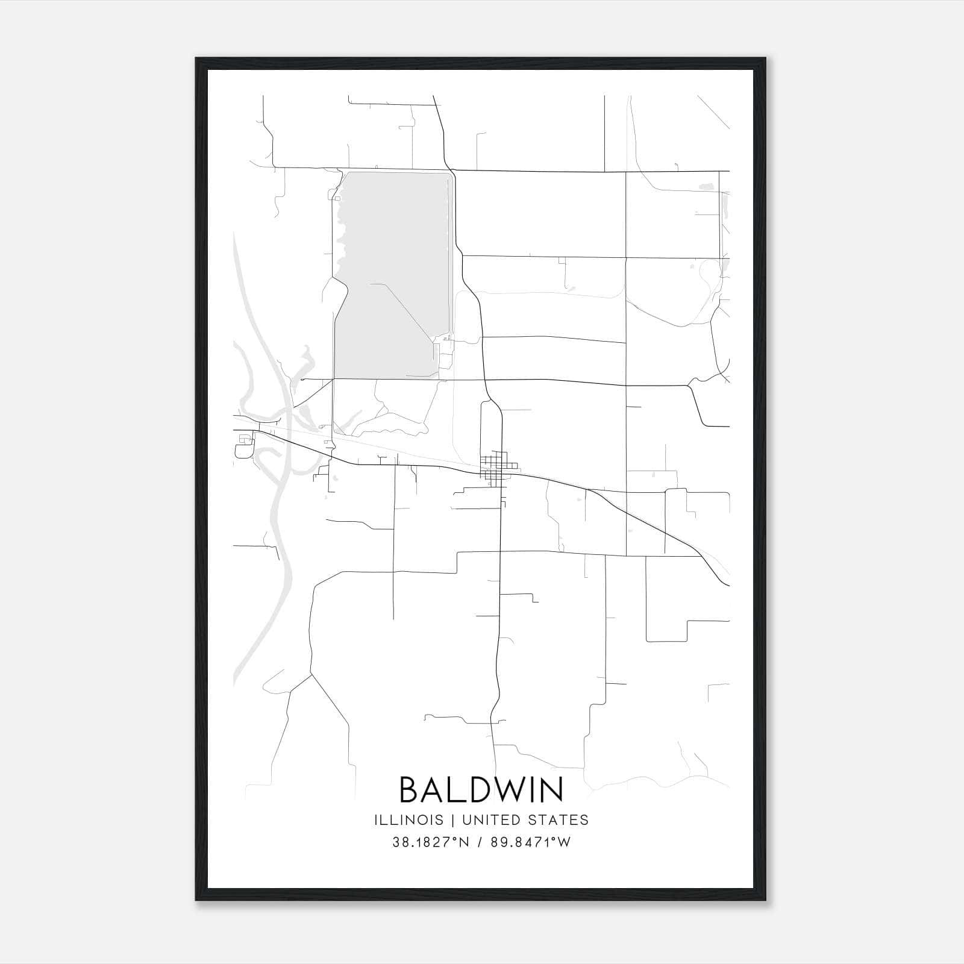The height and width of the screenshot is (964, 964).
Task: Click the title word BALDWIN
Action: pos(481,789)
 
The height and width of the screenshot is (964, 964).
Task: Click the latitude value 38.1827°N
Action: pos(430,842)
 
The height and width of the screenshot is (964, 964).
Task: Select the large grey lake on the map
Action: pos(392,271)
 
